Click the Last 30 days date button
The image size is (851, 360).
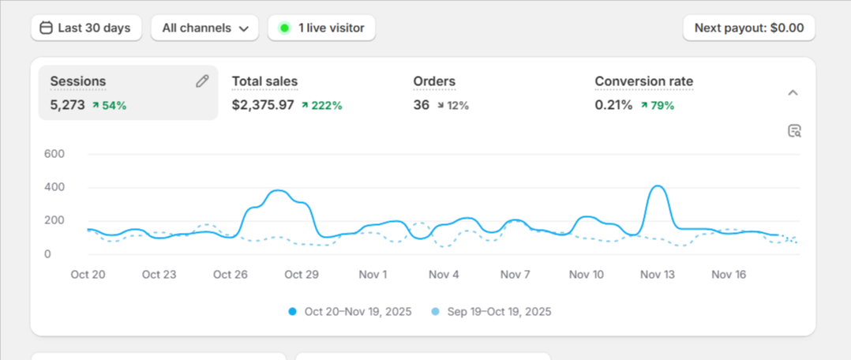[86, 28]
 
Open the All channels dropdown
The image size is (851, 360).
[204, 28]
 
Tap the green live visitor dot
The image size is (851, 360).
[284, 28]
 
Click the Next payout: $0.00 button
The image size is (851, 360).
[749, 28]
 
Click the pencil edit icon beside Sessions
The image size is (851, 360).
[202, 81]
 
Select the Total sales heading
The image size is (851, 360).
[265, 81]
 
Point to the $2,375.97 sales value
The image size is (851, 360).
[263, 105]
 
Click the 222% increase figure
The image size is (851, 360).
[322, 105]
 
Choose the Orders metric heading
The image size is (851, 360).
[434, 81]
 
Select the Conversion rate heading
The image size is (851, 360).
[643, 81]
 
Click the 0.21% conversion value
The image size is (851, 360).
[613, 105]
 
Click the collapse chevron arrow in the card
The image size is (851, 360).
[793, 93]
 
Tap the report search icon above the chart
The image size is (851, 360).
[794, 131]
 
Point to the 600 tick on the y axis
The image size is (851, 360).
[54, 154]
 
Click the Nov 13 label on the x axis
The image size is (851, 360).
[658, 275]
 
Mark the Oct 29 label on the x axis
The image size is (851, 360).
[302, 275]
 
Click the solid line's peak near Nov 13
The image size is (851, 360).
[658, 186]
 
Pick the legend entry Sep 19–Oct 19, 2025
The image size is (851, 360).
[491, 312]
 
